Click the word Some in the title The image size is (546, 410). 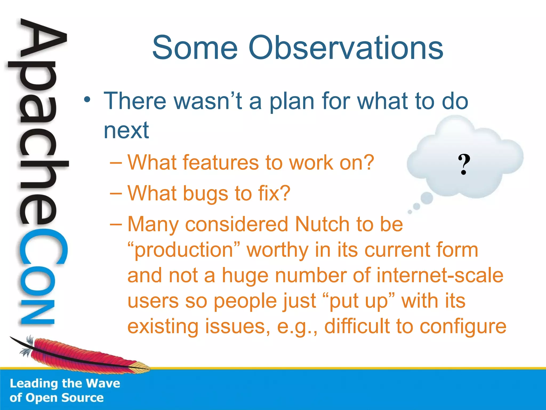(x=195, y=48)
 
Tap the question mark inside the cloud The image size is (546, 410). (x=464, y=164)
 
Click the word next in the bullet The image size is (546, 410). (x=126, y=131)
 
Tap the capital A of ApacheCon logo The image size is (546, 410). (x=43, y=40)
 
